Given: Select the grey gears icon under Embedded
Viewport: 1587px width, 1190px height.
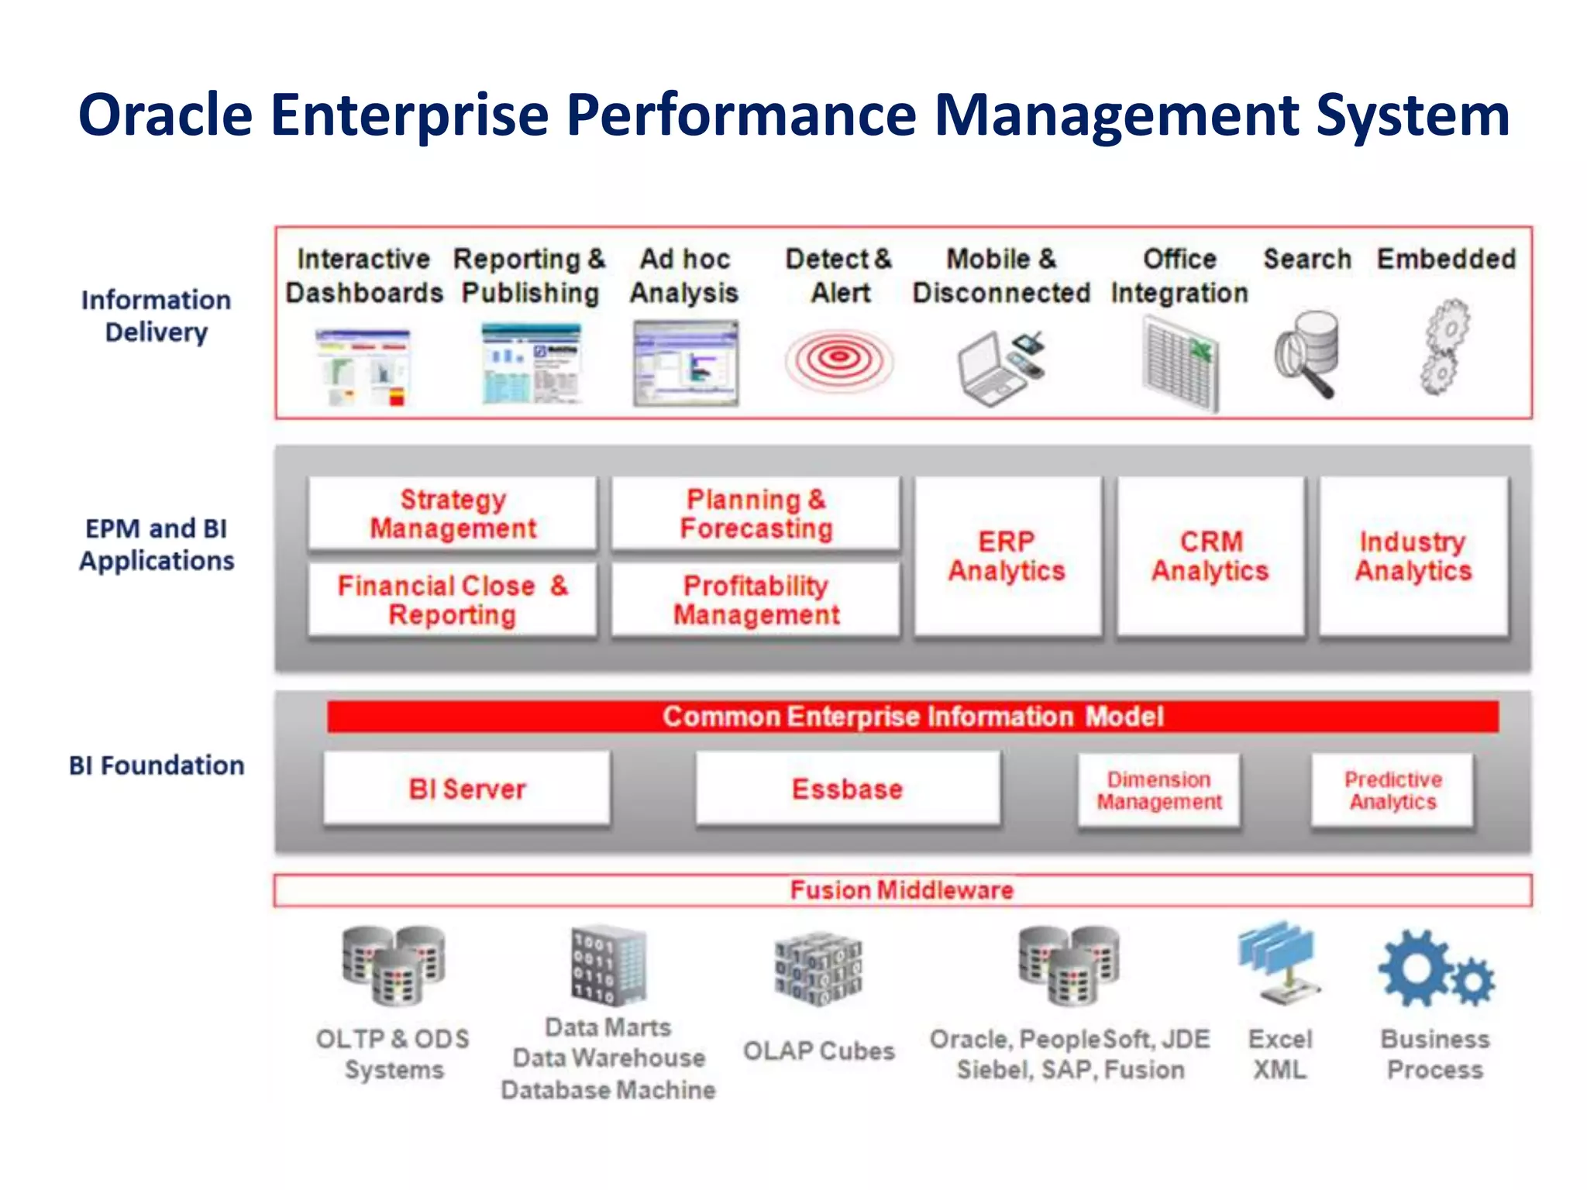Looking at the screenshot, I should point(1444,347).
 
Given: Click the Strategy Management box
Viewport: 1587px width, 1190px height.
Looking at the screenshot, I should point(453,513).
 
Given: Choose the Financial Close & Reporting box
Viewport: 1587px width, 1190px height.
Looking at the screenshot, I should point(453,600).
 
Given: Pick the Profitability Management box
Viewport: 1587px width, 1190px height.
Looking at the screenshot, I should point(756,600).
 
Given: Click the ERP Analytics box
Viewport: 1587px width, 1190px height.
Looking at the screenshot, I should point(1007,556).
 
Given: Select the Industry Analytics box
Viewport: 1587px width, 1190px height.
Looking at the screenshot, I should point(1413,556).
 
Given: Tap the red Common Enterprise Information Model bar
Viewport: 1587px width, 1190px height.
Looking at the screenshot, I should point(912,717).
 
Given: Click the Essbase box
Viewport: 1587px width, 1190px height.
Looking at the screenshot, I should point(847,789).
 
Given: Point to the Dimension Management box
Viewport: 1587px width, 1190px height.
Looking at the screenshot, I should point(1158,790).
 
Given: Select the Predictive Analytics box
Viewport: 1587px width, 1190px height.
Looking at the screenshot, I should point(1392,790).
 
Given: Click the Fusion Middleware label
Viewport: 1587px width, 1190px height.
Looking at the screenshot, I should point(901,889).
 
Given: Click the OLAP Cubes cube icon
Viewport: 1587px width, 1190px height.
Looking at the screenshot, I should point(818,968).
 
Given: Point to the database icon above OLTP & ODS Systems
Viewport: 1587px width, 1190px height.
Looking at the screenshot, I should point(394,965).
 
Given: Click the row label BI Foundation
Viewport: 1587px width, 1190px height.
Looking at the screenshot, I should point(157,765).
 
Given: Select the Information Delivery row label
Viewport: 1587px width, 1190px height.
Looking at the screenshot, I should point(157,316).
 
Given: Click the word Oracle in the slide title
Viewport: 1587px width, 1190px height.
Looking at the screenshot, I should point(165,115).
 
